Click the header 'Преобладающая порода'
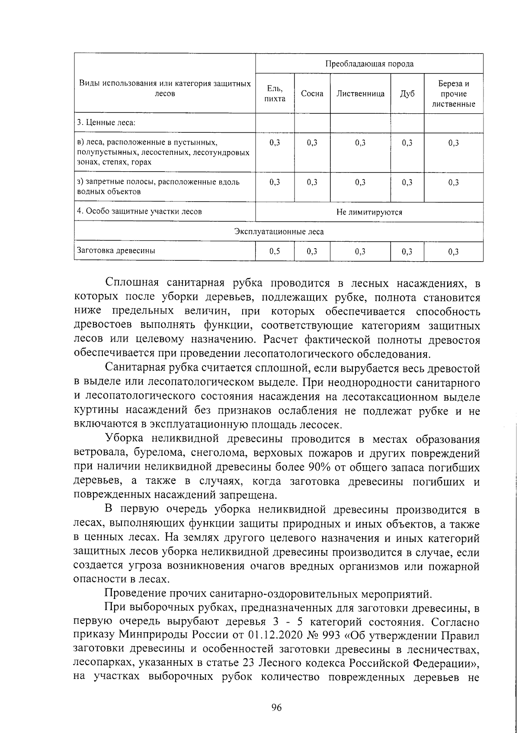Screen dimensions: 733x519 369,64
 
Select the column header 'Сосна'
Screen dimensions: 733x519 312,93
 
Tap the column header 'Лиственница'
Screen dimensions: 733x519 360,93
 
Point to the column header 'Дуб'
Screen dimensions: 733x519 407,93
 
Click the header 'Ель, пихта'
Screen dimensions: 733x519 275,93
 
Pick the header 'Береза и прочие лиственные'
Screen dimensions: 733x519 453,94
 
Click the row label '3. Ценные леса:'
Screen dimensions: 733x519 106,122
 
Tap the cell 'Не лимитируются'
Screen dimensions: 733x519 369,212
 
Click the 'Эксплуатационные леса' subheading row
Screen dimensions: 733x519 279,232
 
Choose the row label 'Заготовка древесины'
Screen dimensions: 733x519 116,250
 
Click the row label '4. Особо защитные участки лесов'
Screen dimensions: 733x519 139,211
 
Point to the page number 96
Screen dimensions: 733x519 276,707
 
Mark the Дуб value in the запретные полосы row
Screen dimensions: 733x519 407,182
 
